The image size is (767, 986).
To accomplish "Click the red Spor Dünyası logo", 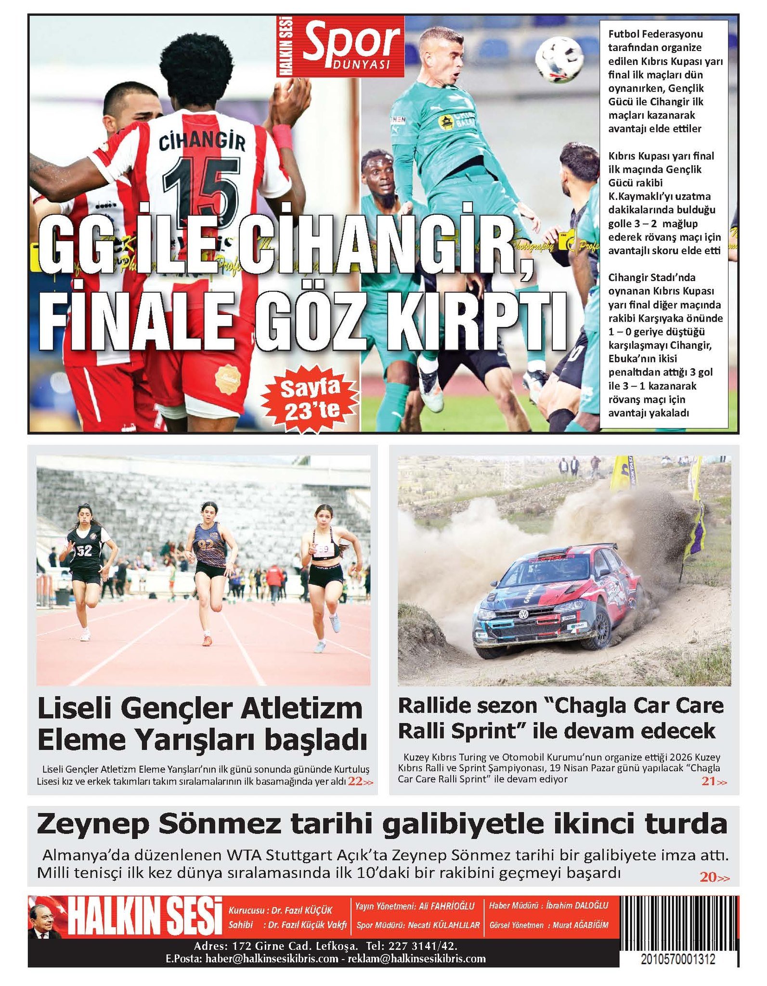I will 341,46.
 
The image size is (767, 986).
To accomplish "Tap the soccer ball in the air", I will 559,59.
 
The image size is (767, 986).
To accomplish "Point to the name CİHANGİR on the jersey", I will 202,142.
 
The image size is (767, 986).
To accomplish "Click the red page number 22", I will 355,781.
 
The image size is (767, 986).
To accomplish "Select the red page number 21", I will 709,781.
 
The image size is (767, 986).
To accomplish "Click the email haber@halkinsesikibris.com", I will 272,959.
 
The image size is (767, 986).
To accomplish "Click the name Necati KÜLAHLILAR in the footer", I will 444,925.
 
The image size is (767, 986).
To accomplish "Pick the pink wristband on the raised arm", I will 282,136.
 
